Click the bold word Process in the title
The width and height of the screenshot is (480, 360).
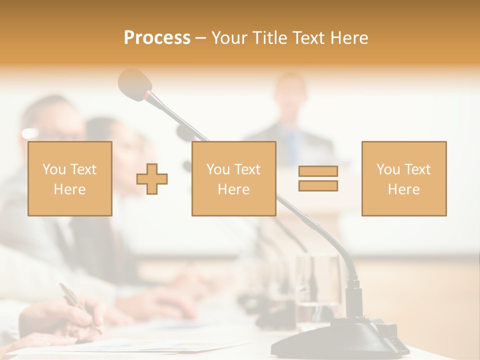pyautogui.click(x=157, y=38)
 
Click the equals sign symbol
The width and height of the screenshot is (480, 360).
pyautogui.click(x=318, y=178)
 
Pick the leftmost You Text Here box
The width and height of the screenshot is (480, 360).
pyautogui.click(x=69, y=178)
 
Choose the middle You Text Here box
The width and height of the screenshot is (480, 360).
pyautogui.click(x=233, y=178)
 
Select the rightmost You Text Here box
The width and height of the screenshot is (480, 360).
pyautogui.click(x=403, y=178)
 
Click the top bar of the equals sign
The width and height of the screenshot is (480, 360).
pyautogui.click(x=318, y=171)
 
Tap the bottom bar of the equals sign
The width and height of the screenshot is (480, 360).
pyautogui.click(x=318, y=186)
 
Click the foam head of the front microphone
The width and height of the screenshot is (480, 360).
pyautogui.click(x=133, y=82)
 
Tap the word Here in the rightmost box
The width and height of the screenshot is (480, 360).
pyautogui.click(x=403, y=189)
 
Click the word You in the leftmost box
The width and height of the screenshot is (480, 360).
pyautogui.click(x=53, y=169)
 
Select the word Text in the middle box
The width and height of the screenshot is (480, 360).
pyautogui.click(x=247, y=169)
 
